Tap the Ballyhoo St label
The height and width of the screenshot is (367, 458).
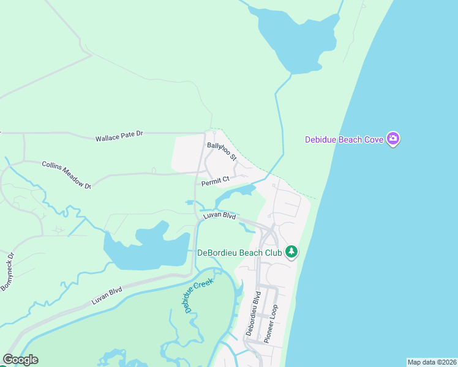221,150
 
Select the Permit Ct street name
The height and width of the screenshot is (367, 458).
215,180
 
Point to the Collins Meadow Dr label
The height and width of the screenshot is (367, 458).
66,174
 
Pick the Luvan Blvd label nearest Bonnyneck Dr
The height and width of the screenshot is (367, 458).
107,296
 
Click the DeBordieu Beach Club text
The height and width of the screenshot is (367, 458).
239,253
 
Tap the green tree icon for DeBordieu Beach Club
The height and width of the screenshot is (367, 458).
293,252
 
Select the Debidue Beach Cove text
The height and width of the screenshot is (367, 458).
344,139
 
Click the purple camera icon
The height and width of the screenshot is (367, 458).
393,139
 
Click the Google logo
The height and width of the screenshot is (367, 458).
20,360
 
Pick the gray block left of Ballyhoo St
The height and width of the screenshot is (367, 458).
187,154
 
